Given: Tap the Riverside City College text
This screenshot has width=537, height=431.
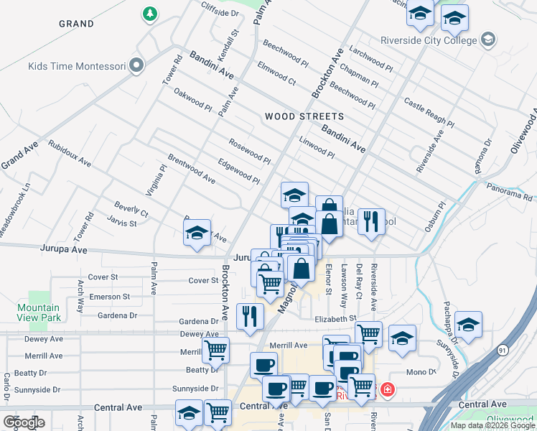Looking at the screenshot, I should (439, 40).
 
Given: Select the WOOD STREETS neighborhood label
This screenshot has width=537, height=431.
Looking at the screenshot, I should (304, 116).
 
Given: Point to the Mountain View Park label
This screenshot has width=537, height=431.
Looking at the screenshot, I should (38, 312).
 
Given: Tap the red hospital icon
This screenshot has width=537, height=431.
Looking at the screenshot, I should (388, 390).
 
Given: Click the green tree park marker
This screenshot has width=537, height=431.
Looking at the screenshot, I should (150, 13).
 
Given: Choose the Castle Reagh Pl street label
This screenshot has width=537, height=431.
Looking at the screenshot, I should (429, 112).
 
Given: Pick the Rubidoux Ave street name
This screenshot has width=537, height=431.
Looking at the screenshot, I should (70, 152).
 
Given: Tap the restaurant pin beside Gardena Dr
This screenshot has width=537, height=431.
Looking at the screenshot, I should (249, 316).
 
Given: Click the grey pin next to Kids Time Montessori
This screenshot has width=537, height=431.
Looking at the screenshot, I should (136, 67).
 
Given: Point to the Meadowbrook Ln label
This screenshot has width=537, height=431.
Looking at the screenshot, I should (16, 210).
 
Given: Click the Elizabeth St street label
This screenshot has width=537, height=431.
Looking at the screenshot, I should (335, 318).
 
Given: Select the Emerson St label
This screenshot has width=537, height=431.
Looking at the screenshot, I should (108, 296).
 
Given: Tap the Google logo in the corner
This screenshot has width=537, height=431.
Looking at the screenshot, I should (24, 422).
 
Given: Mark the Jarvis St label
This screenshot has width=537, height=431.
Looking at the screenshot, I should (122, 223).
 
